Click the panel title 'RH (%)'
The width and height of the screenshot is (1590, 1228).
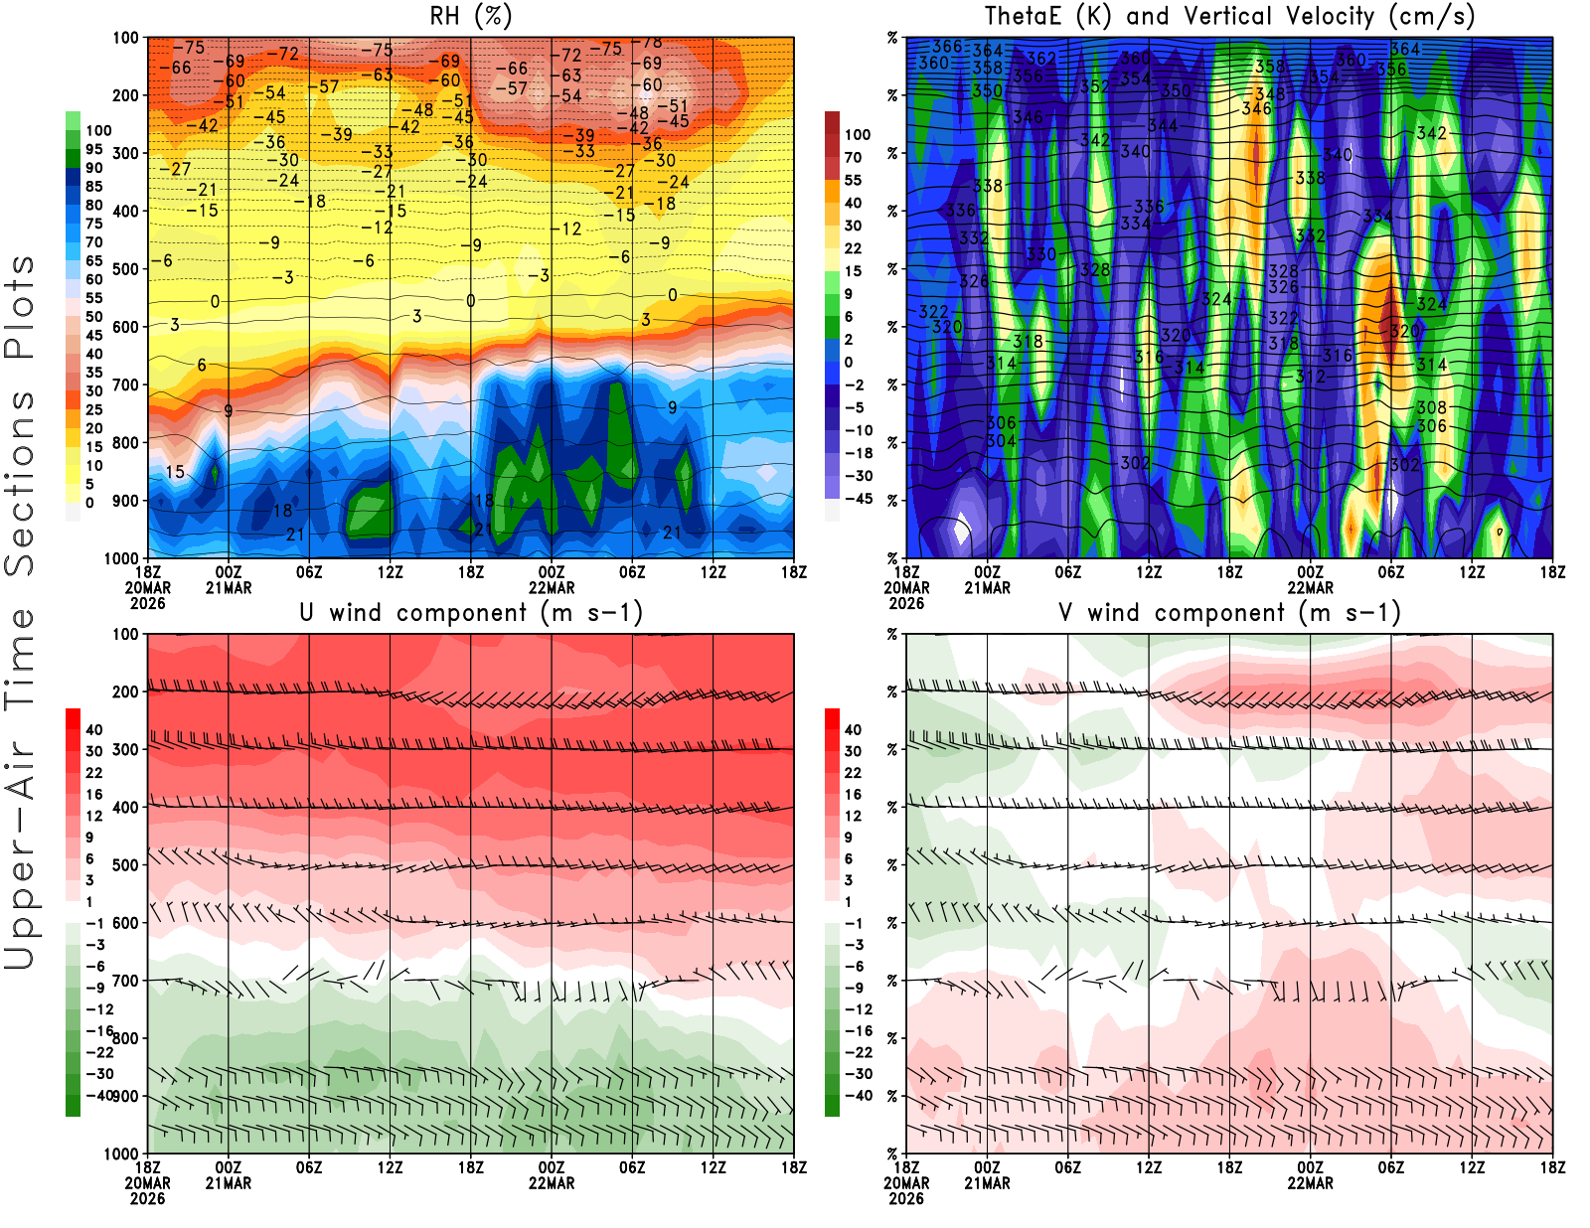[470, 17]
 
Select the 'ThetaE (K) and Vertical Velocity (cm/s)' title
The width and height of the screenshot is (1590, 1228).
[1229, 17]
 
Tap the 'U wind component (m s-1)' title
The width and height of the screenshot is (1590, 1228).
[470, 613]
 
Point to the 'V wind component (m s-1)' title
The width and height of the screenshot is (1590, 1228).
[1229, 613]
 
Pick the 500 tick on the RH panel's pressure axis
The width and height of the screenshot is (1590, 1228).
[125, 269]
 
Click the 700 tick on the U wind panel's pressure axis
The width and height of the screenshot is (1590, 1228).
[125, 981]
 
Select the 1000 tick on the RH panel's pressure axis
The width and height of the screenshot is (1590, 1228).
[121, 558]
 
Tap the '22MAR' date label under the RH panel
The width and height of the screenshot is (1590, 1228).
[552, 588]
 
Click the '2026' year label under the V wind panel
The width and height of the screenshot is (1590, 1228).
[906, 1199]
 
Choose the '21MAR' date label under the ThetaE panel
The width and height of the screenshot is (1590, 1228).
[987, 588]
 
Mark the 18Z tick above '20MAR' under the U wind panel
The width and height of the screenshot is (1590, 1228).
[147, 1168]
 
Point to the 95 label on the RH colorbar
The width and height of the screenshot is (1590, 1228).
[94, 150]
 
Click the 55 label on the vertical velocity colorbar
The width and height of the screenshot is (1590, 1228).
[853, 181]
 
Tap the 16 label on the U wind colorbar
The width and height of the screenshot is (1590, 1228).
[94, 795]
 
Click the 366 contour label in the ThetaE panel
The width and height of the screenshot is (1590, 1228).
[947, 47]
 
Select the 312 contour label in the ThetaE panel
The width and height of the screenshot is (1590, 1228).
[1311, 377]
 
